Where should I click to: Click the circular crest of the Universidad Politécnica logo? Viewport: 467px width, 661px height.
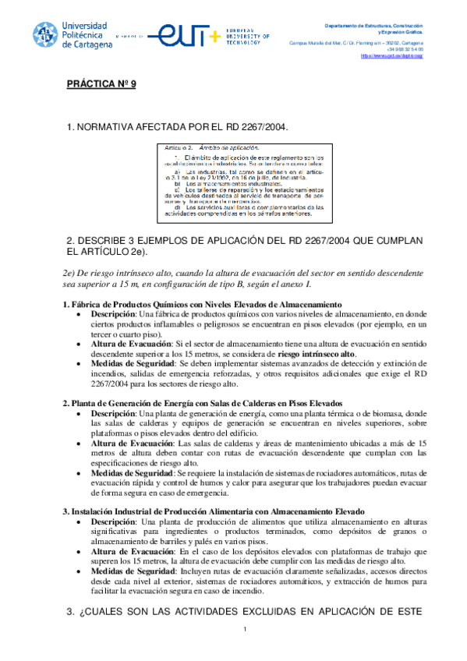pyautogui.click(x=45, y=34)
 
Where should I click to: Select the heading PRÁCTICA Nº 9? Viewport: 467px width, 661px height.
pyautogui.click(x=101, y=84)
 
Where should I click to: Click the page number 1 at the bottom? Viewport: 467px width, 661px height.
pyautogui.click(x=244, y=631)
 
